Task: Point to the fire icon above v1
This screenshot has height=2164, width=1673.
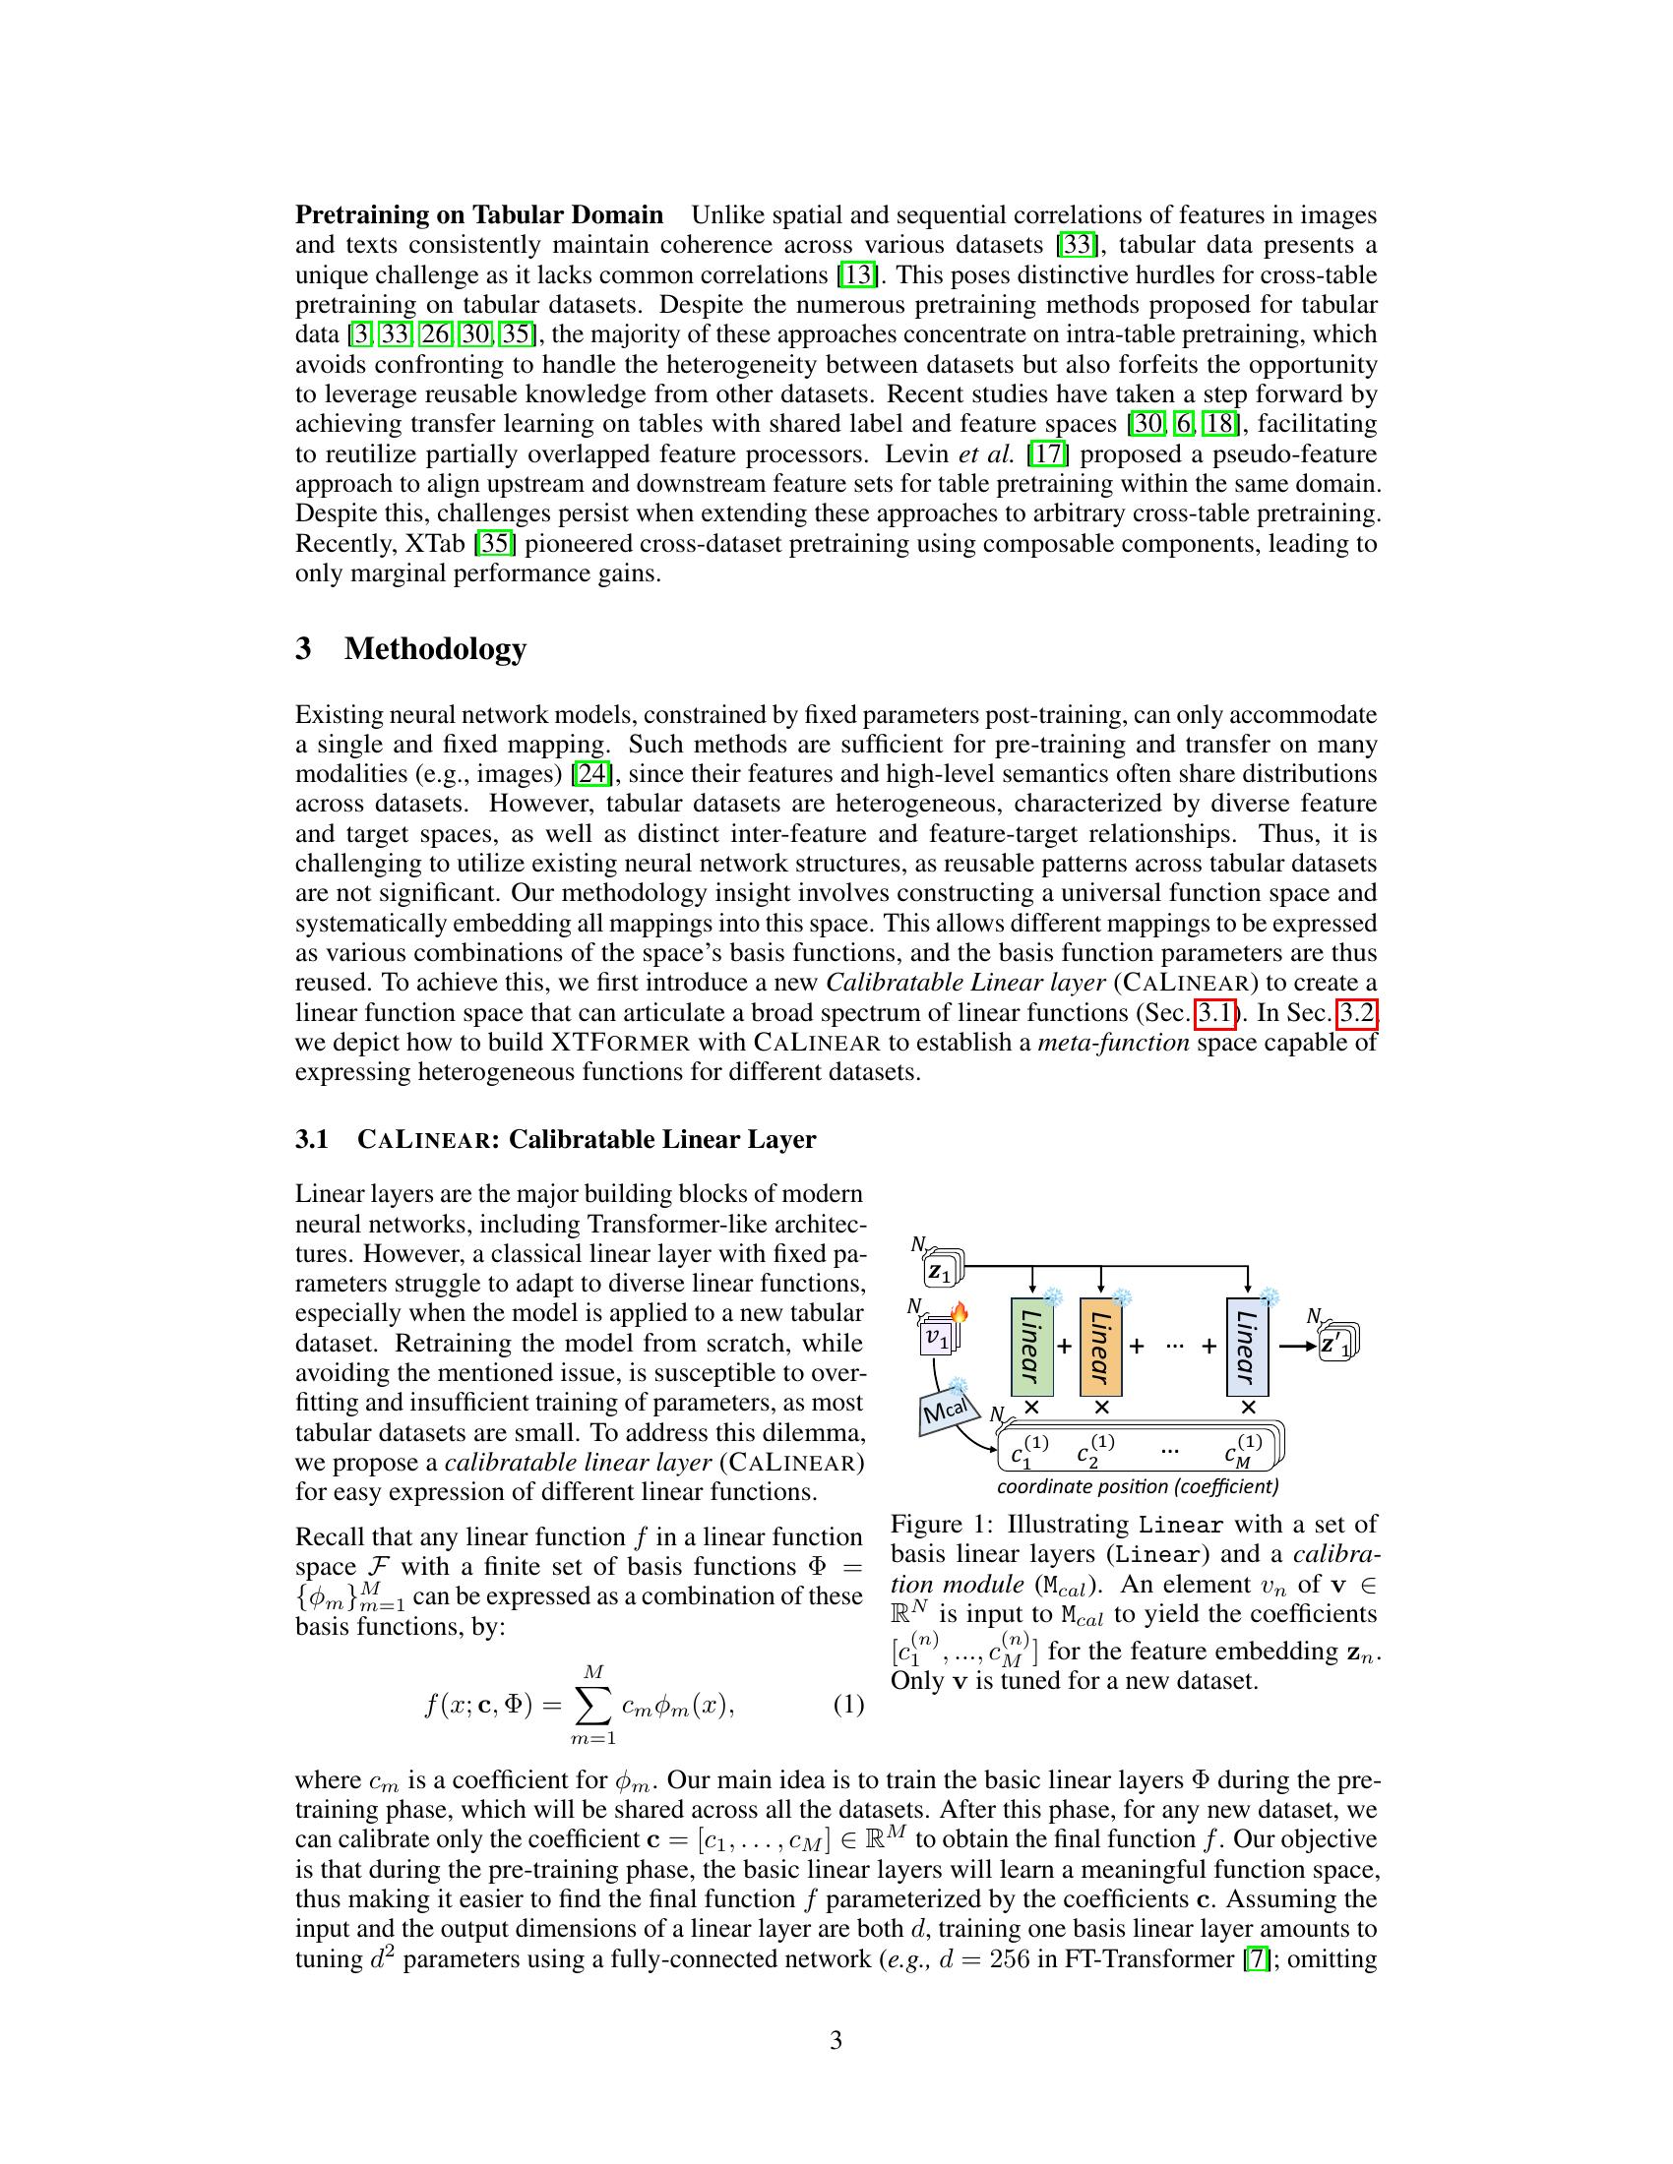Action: [959, 1314]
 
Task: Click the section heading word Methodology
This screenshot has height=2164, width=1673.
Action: [435, 649]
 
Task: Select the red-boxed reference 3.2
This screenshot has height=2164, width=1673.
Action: [1358, 1012]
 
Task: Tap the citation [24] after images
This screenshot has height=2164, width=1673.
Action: [592, 774]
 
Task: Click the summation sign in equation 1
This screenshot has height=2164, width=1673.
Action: [592, 1706]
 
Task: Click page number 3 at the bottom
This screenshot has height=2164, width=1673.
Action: [836, 2039]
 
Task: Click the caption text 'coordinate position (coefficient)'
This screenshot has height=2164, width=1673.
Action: [1137, 1486]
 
